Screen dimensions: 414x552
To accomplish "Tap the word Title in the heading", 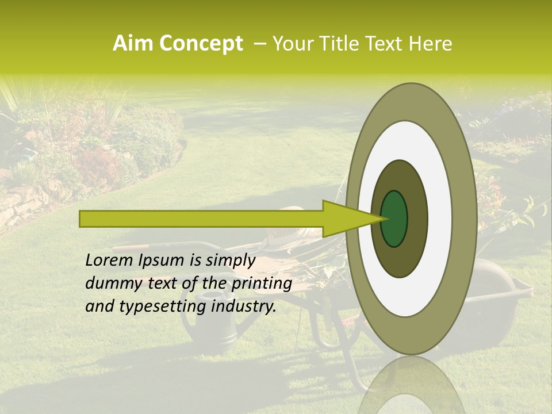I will (x=343, y=44).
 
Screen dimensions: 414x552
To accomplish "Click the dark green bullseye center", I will (x=394, y=218).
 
